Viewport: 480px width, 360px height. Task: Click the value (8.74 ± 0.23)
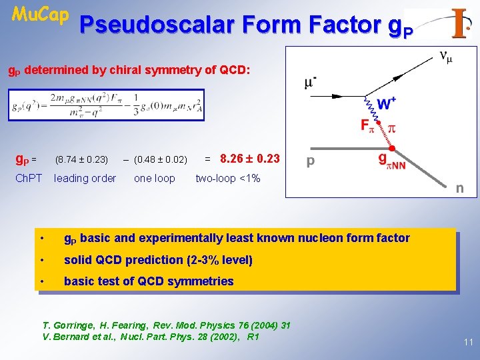pos(81,159)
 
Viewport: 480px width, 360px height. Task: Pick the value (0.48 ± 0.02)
pos(160,159)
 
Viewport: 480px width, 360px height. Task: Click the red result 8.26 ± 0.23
pos(249,159)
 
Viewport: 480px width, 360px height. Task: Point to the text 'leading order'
pos(85,178)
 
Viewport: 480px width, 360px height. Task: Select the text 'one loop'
pos(155,178)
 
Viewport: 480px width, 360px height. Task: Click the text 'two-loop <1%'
pos(227,178)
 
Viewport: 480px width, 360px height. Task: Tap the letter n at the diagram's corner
pos(459,188)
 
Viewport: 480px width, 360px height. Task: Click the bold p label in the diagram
pos(310,161)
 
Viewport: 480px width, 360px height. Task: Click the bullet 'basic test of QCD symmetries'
pos(148,281)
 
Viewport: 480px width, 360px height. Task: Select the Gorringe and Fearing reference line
pos(167,325)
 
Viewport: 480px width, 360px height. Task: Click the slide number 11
pos(468,342)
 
